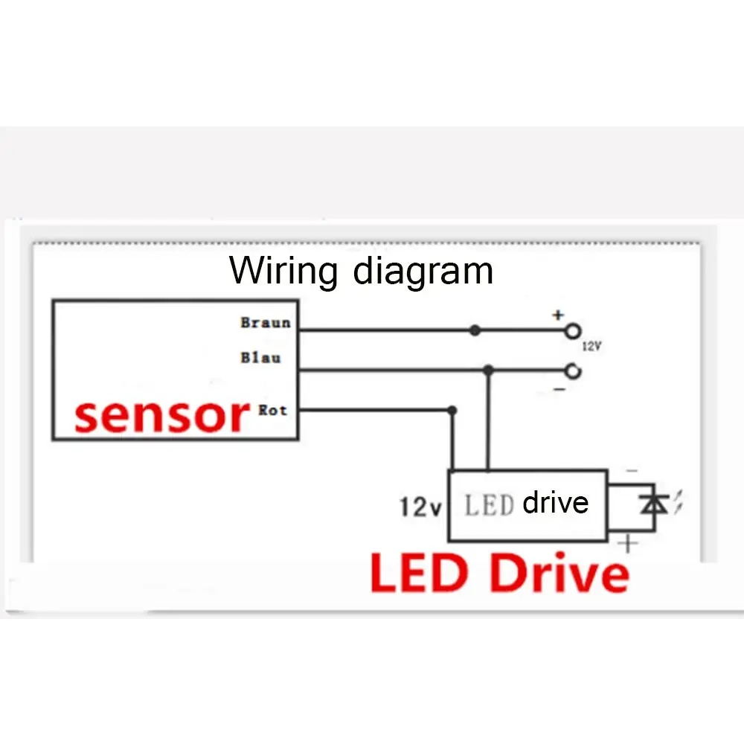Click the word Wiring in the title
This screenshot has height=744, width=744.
(283, 271)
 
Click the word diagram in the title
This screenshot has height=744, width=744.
(423, 271)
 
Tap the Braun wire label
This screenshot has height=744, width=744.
(265, 323)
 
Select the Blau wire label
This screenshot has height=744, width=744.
(260, 358)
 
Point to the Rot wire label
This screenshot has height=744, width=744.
(272, 410)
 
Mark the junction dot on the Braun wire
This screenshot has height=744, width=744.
(475, 330)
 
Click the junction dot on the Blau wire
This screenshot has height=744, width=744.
(488, 370)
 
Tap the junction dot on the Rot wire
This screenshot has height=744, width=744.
(452, 410)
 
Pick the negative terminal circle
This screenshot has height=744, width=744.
(572, 371)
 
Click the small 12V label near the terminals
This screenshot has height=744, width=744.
(591, 347)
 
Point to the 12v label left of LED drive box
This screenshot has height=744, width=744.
(420, 507)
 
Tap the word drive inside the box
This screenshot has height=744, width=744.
(555, 503)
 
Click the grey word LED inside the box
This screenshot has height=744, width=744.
(490, 506)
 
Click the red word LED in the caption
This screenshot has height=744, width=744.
(422, 574)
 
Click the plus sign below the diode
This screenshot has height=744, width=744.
(629, 545)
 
